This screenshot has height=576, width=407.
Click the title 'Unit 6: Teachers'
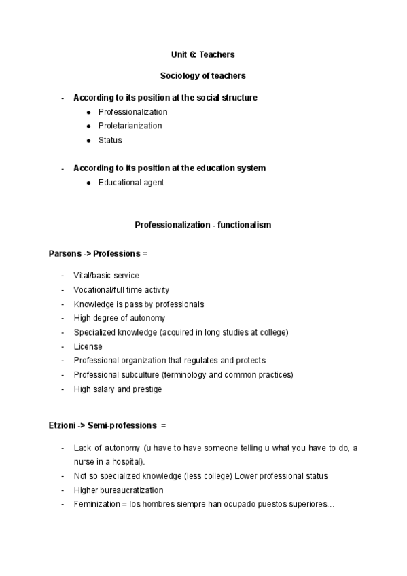coord(202,54)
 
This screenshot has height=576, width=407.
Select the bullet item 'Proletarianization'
coord(130,126)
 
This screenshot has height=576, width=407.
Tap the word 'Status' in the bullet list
coord(110,140)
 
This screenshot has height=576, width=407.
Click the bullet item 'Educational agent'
coord(130,182)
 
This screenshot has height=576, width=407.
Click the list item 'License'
coord(88,346)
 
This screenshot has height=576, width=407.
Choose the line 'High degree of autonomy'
coord(119,318)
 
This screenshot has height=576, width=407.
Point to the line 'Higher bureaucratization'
coord(118,490)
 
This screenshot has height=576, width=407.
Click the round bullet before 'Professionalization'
coord(89,112)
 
